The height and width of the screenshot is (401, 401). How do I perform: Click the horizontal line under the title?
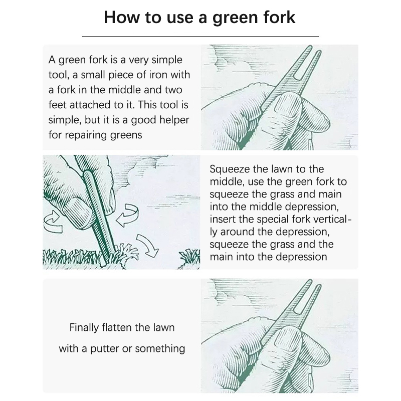coord(200,37)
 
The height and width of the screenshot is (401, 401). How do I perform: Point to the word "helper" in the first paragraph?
coord(173,120)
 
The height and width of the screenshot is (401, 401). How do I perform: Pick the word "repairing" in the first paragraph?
coord(86,135)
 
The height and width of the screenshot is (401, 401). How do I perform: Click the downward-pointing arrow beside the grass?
coord(147,246)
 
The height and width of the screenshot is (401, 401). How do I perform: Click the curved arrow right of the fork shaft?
coord(128,215)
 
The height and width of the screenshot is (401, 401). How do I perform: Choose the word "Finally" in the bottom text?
coord(84,328)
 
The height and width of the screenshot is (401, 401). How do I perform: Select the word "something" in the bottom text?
coord(160,349)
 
